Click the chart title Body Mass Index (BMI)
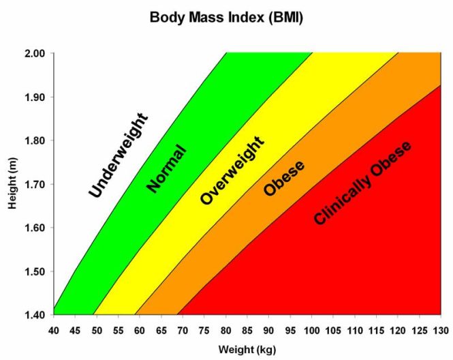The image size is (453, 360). tap(226, 18)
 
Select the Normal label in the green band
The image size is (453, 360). tap(166, 168)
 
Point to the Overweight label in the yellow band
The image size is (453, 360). tap(232, 170)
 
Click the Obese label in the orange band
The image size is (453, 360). tap(284, 179)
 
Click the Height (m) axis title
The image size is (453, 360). tap(14, 184)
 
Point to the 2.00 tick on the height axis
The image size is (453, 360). tap(35, 53)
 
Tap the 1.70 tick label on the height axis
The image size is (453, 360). tap(35, 184)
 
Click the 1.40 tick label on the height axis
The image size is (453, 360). tap(35, 315)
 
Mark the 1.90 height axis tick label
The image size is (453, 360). tap(35, 97)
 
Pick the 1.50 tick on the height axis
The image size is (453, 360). tap(35, 271)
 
